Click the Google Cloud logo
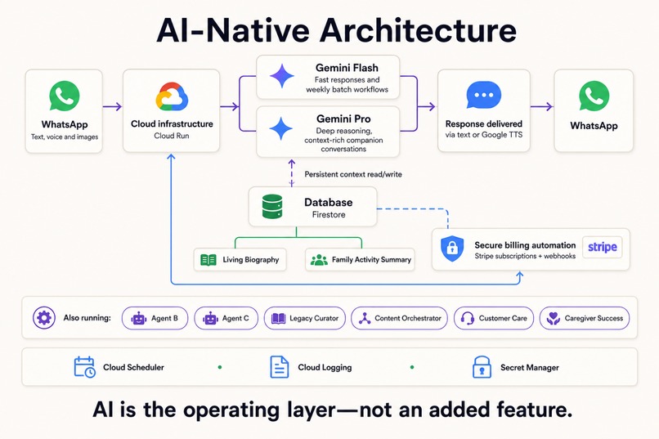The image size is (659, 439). [172, 96]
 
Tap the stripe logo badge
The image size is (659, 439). [602, 247]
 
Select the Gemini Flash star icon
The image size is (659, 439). [282, 76]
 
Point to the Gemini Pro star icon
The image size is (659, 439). [280, 128]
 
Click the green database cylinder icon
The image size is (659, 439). [272, 206]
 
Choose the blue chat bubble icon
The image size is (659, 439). [483, 95]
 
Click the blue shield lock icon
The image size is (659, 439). [452, 249]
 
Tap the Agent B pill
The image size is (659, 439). [155, 319]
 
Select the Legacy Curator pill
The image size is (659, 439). [305, 319]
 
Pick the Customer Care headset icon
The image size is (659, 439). [468, 319]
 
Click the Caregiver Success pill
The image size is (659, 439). [585, 319]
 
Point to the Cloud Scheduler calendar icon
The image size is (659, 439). [84, 367]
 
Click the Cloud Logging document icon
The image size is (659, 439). [279, 367]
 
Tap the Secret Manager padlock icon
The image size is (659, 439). [482, 367]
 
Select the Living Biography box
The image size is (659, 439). [240, 260]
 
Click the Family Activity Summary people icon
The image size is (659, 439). [319, 260]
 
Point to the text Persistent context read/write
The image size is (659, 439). [353, 174]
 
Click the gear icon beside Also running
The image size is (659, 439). [44, 318]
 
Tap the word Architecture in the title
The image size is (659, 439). [418, 30]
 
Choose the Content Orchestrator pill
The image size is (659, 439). [399, 319]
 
